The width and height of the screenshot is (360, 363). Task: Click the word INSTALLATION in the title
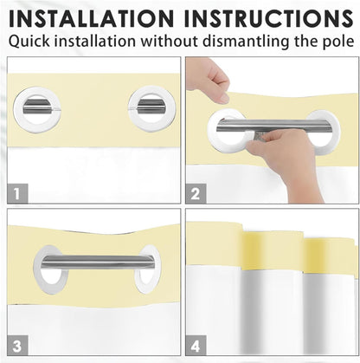[x=91, y=18]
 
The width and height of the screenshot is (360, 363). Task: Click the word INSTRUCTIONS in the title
[x=268, y=18]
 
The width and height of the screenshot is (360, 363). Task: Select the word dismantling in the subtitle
[x=246, y=41]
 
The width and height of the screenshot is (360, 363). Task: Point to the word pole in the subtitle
[x=338, y=42]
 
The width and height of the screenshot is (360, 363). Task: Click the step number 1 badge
[x=17, y=193]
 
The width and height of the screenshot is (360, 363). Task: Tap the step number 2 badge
[x=196, y=193]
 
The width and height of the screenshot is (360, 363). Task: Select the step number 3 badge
[x=17, y=346]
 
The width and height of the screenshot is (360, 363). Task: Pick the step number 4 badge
[x=196, y=346]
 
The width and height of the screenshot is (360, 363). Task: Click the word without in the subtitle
[x=170, y=41]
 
